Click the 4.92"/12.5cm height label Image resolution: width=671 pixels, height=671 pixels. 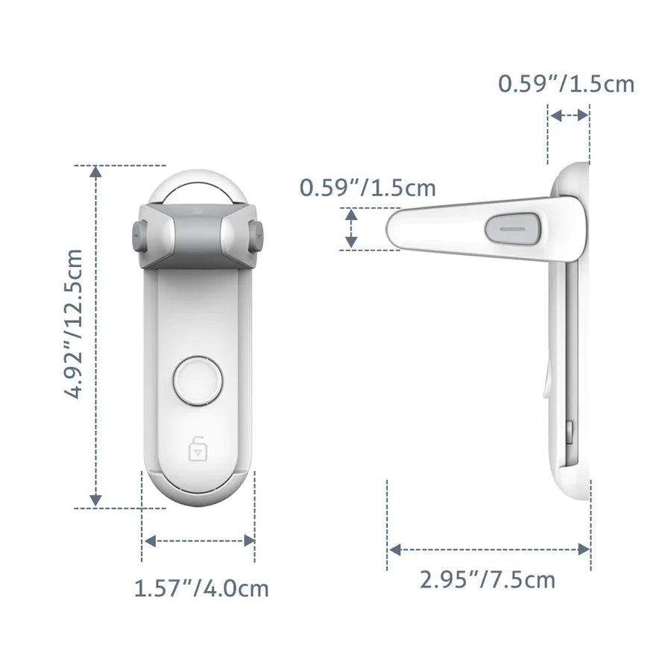pos(75,335)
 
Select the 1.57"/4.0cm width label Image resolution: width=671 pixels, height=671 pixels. pos(201,588)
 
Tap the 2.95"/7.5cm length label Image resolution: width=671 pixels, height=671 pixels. pos(488,579)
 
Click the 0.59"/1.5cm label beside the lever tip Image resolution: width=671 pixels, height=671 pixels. pos(368,187)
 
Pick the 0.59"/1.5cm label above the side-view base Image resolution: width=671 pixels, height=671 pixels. pos(566,84)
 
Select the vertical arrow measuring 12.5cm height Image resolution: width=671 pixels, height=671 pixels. pos(95,335)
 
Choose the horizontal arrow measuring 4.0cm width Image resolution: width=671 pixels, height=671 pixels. pos(198,540)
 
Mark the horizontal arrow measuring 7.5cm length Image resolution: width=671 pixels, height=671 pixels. pos(489,549)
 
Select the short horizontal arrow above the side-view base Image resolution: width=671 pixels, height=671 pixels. pos(568,115)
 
